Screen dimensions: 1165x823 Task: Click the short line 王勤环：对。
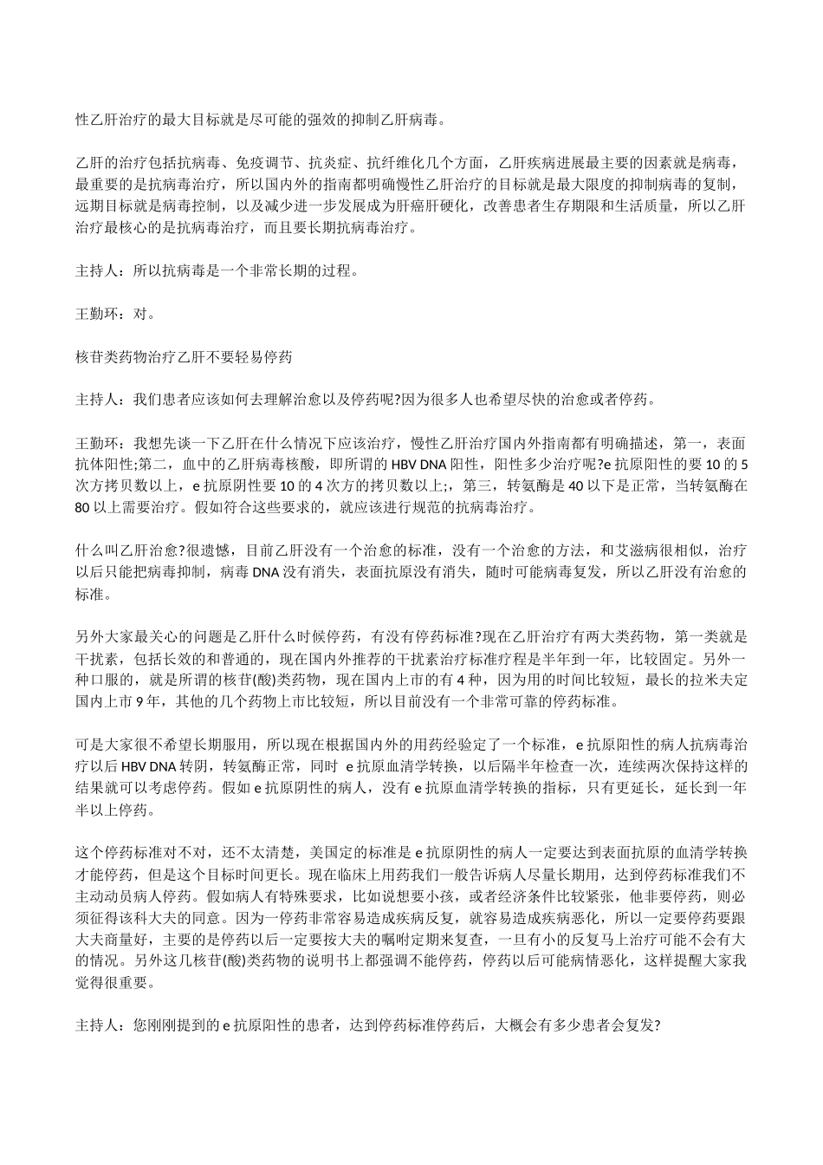116,313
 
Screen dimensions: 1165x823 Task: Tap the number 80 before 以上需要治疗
83,507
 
